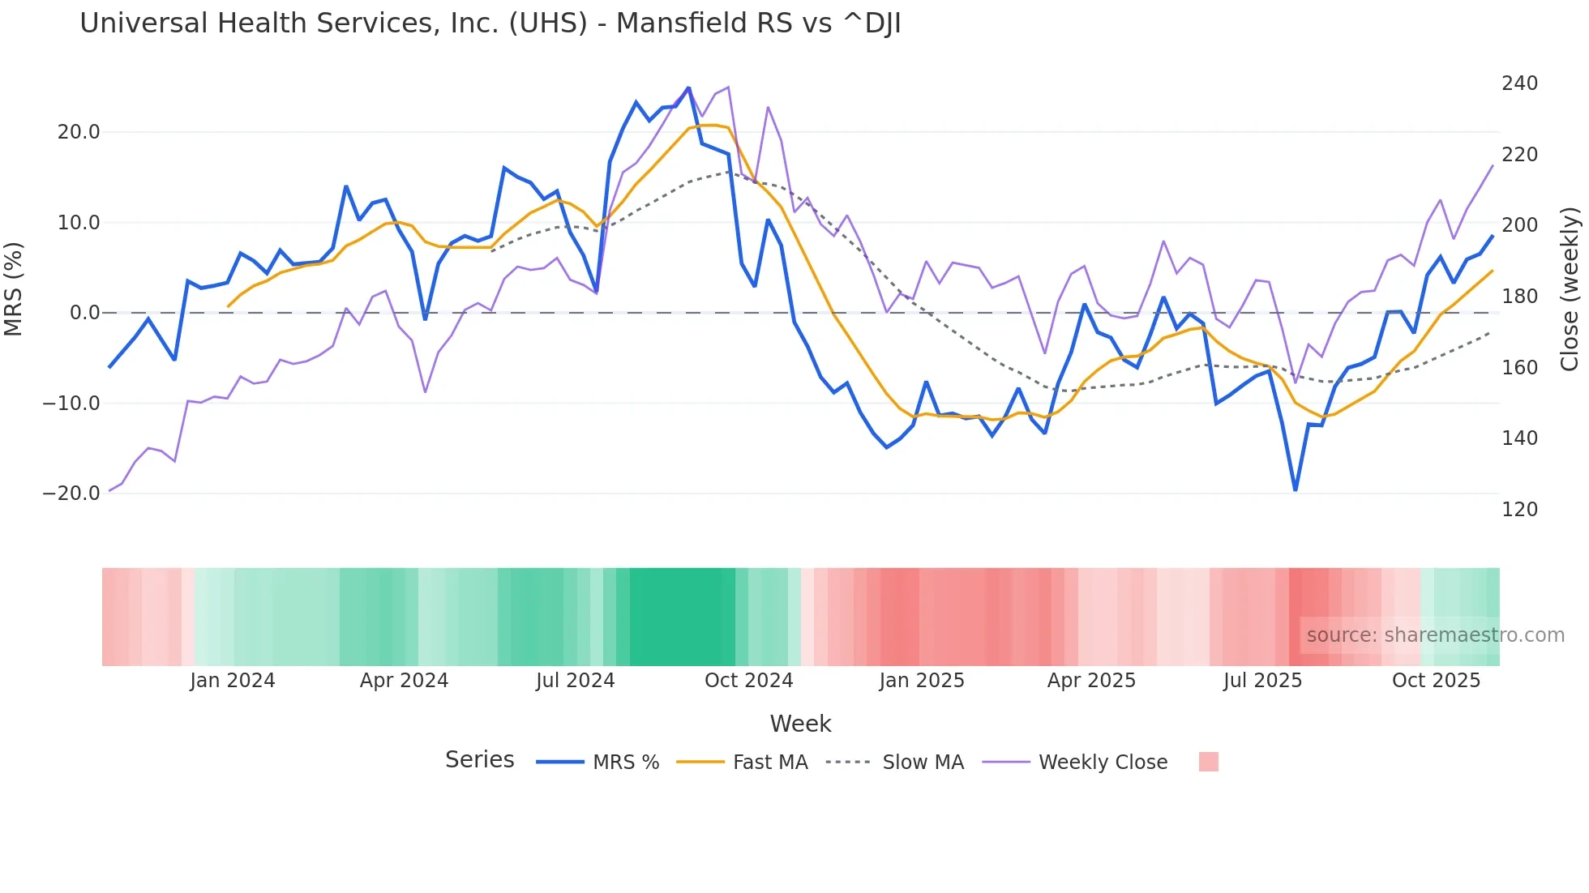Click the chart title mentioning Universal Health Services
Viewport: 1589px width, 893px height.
pyautogui.click(x=490, y=23)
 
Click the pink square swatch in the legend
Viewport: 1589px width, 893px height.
pyautogui.click(x=1208, y=762)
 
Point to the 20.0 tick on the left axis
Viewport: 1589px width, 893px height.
pyautogui.click(x=79, y=132)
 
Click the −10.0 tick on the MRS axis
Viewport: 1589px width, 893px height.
pyautogui.click(x=71, y=403)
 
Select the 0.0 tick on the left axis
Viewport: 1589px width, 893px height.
pyautogui.click(x=84, y=313)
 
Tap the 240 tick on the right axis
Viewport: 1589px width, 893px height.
pyautogui.click(x=1519, y=83)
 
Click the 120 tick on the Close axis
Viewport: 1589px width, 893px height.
pyautogui.click(x=1519, y=510)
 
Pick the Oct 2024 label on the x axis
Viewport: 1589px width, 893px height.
pyautogui.click(x=748, y=681)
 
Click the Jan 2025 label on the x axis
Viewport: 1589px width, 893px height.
pyautogui.click(x=922, y=681)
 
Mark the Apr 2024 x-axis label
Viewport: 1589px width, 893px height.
pyautogui.click(x=404, y=681)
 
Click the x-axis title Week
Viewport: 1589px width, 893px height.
pyautogui.click(x=800, y=724)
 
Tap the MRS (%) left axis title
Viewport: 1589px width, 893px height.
pyautogui.click(x=14, y=288)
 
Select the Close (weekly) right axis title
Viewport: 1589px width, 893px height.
pyautogui.click(x=1570, y=288)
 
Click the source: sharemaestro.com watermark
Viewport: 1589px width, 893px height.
pyautogui.click(x=1435, y=635)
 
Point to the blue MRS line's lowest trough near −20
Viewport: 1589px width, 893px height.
pyautogui.click(x=1295, y=489)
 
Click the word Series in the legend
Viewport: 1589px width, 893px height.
pyautogui.click(x=479, y=760)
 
